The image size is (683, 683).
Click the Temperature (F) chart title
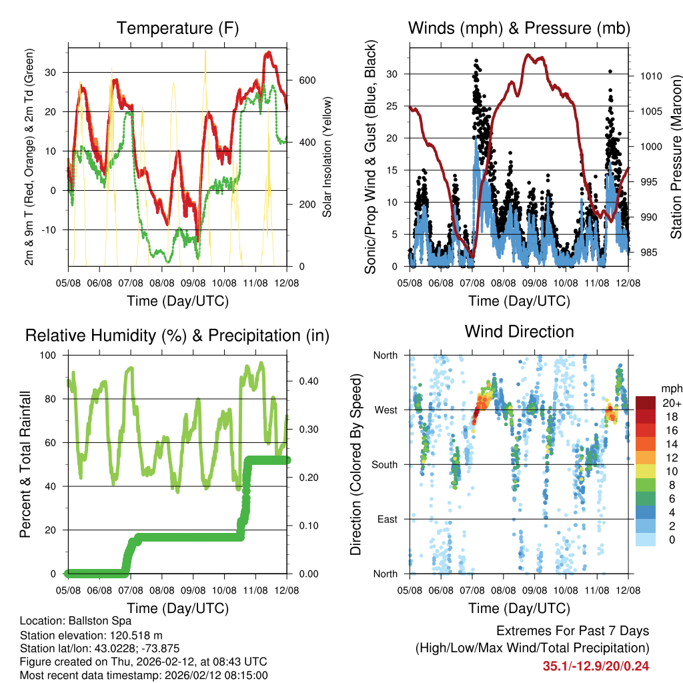pyautogui.click(x=177, y=28)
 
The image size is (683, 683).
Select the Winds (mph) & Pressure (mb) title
pyautogui.click(x=519, y=28)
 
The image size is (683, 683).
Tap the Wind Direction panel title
pyautogui.click(x=519, y=331)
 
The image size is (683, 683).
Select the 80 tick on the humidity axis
pyautogui.click(x=55, y=399)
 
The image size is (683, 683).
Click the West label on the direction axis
pyautogui.click(x=385, y=410)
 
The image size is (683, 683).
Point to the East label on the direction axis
pyautogui.click(x=386, y=519)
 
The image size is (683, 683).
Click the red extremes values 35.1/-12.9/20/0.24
pyautogui.click(x=596, y=666)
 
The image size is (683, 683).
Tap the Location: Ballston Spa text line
pyautogui.click(x=76, y=620)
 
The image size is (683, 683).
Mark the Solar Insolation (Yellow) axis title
pyautogui.click(x=327, y=157)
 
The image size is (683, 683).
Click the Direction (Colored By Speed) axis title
pyautogui.click(x=356, y=464)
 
